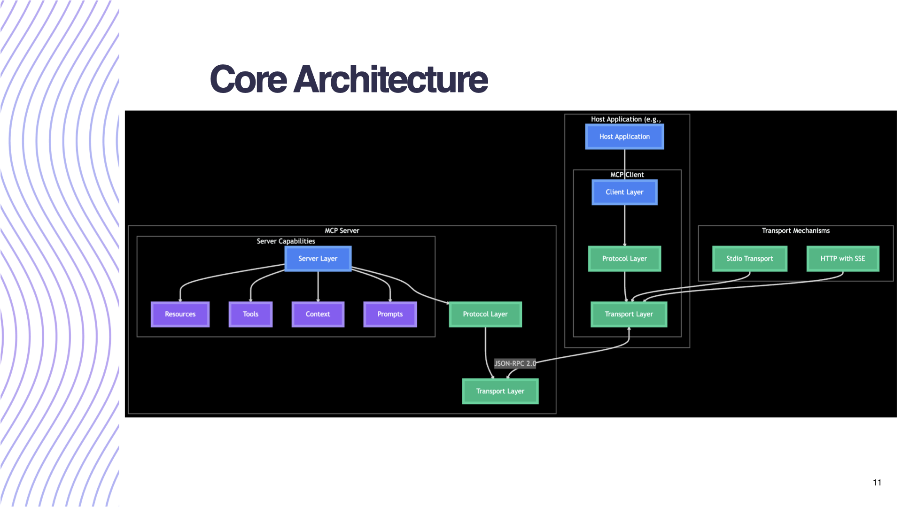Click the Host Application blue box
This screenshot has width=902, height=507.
coord(624,137)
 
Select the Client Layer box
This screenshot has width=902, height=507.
coord(624,192)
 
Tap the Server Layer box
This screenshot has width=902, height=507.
coord(318,259)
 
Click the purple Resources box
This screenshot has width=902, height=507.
coord(180,314)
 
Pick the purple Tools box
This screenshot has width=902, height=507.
coord(250,314)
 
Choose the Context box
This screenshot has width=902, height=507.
coord(318,314)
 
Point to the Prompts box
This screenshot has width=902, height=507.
coord(390,314)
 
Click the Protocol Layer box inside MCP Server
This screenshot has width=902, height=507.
coord(485,314)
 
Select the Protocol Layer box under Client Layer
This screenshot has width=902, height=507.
coord(624,259)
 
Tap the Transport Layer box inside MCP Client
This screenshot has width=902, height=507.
coord(629,314)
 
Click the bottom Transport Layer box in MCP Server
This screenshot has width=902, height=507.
coord(500,391)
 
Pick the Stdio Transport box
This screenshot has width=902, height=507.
coord(750,259)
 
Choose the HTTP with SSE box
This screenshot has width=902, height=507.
coord(843,259)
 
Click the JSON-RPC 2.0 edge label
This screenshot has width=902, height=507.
coord(515,363)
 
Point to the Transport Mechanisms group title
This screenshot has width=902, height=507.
coord(795,230)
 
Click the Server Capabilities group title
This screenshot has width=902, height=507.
coord(286,241)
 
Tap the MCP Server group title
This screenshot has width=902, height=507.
coord(342,230)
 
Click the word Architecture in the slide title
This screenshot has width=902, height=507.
coord(391,79)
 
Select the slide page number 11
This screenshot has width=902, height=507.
coord(877,483)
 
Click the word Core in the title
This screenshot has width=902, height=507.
coord(248,79)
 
